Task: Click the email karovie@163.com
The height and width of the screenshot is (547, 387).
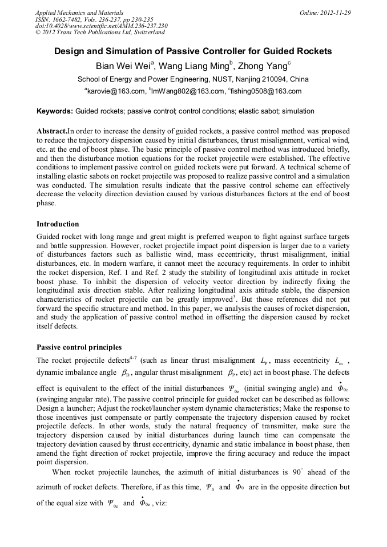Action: point(116,91)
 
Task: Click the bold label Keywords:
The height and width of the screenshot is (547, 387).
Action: point(55,111)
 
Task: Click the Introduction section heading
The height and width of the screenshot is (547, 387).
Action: point(58,224)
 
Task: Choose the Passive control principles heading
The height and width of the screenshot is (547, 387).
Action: point(79,347)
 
